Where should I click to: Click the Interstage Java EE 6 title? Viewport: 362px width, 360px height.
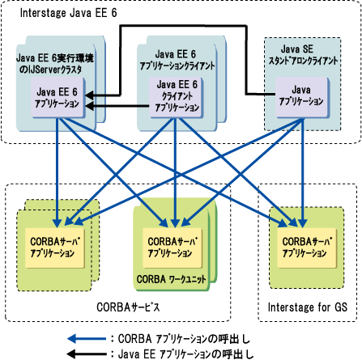click(x=69, y=13)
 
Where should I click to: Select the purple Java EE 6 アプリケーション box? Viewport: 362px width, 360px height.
click(x=57, y=97)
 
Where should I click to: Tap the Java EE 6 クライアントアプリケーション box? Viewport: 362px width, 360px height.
click(x=177, y=97)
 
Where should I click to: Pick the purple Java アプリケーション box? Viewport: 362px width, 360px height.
click(x=302, y=97)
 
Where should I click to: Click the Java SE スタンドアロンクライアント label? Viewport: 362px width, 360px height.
click(x=303, y=55)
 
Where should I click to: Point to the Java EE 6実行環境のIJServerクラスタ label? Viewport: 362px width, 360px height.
click(x=55, y=64)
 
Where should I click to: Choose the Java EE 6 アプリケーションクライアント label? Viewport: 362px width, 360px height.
click(x=177, y=60)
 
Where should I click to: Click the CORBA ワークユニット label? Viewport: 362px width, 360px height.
click(x=171, y=279)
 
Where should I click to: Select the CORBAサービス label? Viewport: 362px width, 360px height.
click(x=128, y=307)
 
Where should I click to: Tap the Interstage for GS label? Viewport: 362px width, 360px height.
click(x=308, y=307)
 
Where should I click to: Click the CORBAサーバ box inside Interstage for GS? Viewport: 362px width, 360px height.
click(x=307, y=248)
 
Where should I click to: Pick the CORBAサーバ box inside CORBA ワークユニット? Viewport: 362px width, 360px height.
click(x=172, y=248)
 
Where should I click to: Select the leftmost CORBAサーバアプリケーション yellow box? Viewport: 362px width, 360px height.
click(x=55, y=248)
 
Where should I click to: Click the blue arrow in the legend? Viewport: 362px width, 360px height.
click(x=87, y=339)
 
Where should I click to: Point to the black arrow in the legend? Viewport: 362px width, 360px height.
click(x=87, y=354)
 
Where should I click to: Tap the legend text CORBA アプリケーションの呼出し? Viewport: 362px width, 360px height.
click(x=184, y=339)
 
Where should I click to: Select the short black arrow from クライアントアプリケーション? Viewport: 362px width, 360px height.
click(x=117, y=106)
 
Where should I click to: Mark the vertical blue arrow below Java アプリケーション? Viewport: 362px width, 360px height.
click(x=302, y=173)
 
